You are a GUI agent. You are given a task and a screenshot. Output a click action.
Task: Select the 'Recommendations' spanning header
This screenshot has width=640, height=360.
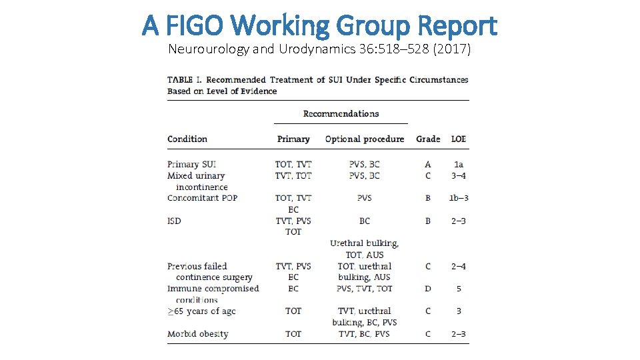341,114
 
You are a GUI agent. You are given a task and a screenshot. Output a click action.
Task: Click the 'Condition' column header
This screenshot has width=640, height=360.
187,139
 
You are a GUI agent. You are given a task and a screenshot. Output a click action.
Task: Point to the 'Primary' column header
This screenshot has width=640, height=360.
293,139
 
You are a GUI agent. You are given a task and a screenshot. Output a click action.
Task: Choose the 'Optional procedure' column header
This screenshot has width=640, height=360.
365,139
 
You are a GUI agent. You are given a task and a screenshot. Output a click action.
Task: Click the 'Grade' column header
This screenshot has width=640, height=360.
428,139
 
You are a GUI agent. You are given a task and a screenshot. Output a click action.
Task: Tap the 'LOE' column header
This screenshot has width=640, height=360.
459,139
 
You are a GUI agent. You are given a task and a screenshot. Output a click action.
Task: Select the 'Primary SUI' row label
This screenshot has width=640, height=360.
192,164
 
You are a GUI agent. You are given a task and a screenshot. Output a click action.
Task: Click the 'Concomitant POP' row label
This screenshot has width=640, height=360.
203,198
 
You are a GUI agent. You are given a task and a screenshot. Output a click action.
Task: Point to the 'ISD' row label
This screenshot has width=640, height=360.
174,221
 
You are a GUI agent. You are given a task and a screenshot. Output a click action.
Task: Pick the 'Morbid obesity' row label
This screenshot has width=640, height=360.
198,334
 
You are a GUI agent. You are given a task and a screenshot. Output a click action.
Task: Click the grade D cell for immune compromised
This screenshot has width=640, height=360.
428,289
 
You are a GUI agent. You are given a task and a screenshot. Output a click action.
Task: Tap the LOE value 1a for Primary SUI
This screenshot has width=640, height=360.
459,164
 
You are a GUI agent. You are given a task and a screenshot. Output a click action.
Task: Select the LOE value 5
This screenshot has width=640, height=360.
459,289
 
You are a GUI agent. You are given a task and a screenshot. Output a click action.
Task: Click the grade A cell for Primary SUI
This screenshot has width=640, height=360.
428,164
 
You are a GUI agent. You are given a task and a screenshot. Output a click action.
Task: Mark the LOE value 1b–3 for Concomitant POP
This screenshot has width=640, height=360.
459,198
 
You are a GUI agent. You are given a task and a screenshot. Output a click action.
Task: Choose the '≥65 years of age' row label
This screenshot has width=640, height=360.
201,311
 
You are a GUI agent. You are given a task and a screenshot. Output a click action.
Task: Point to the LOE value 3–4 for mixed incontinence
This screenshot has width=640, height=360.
459,176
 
